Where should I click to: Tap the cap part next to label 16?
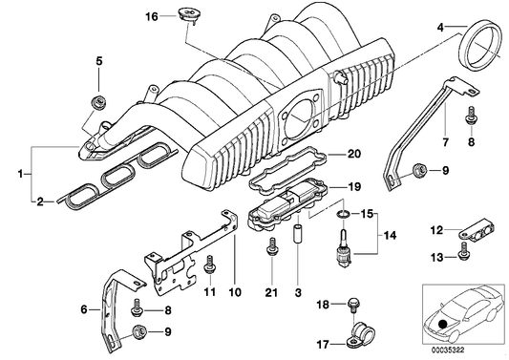point(186,17)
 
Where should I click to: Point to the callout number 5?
point(97,61)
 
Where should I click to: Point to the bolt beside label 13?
point(463,254)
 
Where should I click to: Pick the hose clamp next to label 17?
point(362,333)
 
